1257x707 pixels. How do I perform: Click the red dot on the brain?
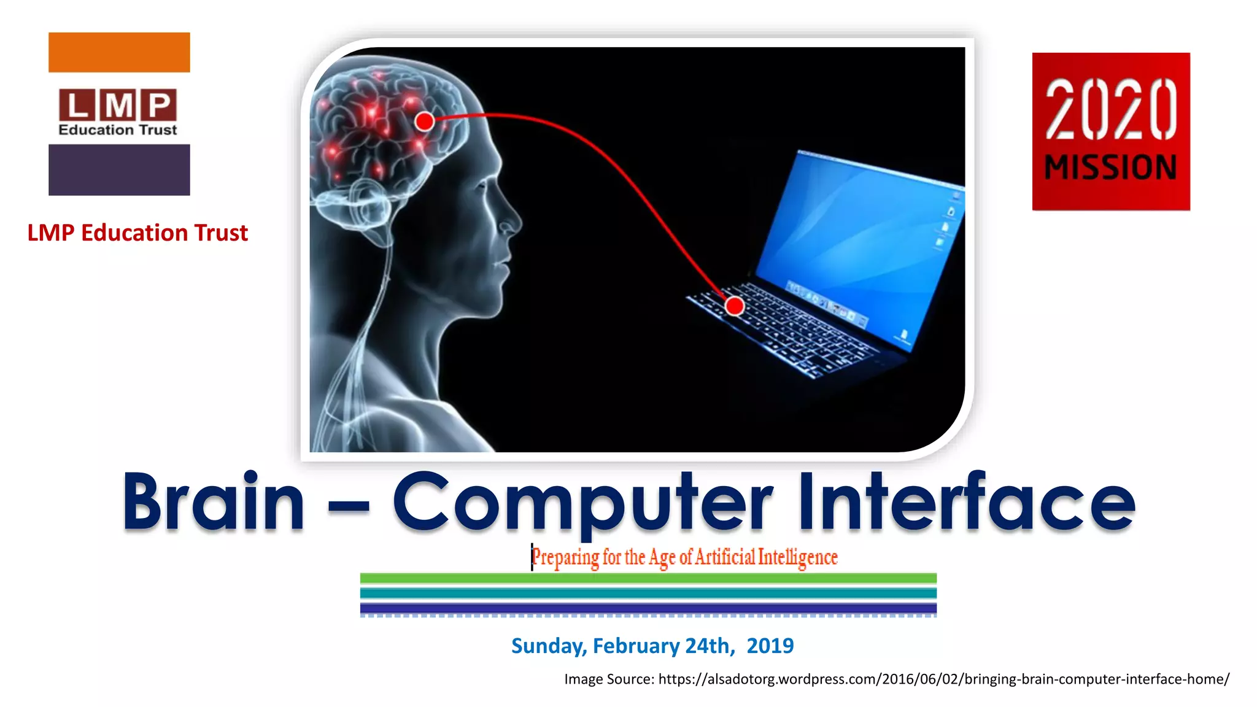point(425,121)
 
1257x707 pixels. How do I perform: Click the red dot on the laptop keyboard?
point(734,306)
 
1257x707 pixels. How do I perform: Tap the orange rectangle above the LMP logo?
point(119,52)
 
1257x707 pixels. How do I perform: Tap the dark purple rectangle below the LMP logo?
point(119,170)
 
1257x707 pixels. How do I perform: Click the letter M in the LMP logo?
point(119,106)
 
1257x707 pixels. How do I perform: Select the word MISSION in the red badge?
point(1110,168)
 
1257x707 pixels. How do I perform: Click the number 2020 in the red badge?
point(1110,110)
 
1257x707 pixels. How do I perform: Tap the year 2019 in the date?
point(770,646)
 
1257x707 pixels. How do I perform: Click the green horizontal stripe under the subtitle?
point(648,578)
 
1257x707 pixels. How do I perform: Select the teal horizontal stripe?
point(648,593)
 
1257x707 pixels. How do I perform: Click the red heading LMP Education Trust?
point(137,233)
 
